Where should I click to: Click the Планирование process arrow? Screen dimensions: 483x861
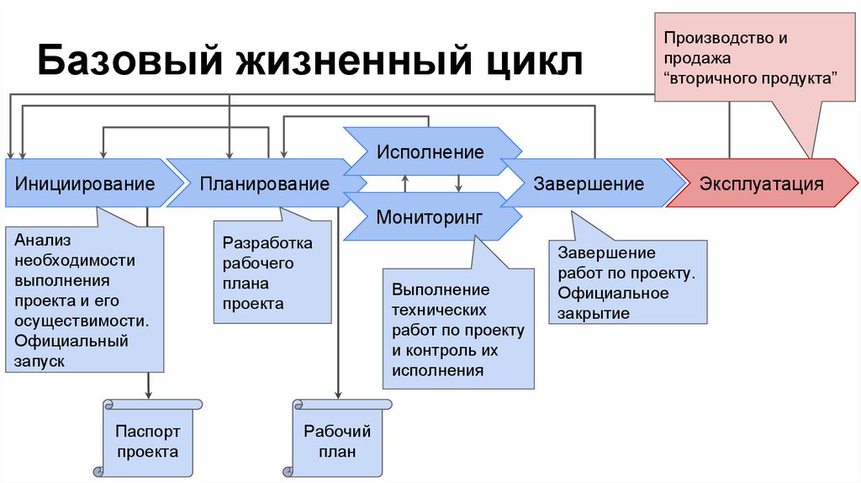[264, 183]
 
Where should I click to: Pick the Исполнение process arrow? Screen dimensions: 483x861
[430, 152]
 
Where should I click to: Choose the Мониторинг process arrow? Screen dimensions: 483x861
[430, 216]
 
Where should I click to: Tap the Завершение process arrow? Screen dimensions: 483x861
[589, 183]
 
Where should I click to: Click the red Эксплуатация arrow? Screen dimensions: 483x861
[762, 183]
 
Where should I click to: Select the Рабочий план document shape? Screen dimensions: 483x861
[337, 440]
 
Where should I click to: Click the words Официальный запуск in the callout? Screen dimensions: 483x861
[71, 351]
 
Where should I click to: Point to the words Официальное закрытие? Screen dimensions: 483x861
[613, 303]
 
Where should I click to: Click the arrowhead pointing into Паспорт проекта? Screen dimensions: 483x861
[148, 394]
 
